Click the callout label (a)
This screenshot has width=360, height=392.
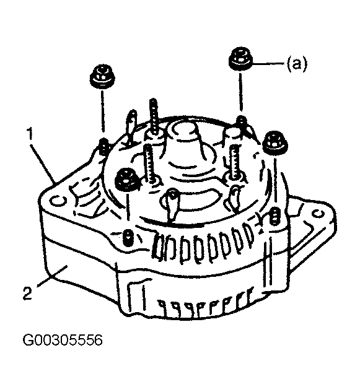pyautogui.click(x=296, y=64)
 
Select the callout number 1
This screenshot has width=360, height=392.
pyautogui.click(x=30, y=134)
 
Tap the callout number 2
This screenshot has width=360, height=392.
pyautogui.click(x=27, y=294)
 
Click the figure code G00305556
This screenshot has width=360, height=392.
pyautogui.click(x=63, y=340)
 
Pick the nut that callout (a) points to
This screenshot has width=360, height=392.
pyautogui.click(x=240, y=59)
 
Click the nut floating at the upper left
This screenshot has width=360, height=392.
pyautogui.click(x=102, y=77)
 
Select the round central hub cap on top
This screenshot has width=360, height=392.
pyautogui.click(x=184, y=132)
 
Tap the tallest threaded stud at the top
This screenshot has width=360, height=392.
pyautogui.click(x=153, y=116)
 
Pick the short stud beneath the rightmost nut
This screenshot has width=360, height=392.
pyautogui.click(x=274, y=217)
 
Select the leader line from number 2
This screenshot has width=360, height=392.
pyautogui.click(x=52, y=276)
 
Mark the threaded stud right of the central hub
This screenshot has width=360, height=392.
pyautogui.click(x=235, y=162)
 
